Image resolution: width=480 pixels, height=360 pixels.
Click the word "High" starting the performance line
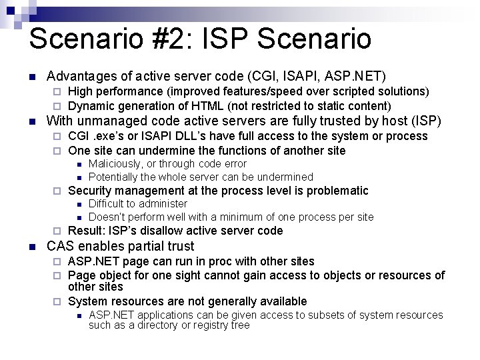(x=81, y=91)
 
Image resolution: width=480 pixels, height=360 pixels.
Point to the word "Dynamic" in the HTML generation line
(x=91, y=106)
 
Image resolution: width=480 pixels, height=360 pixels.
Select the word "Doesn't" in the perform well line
(x=108, y=217)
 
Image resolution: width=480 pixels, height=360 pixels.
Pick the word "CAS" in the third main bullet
(x=61, y=247)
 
